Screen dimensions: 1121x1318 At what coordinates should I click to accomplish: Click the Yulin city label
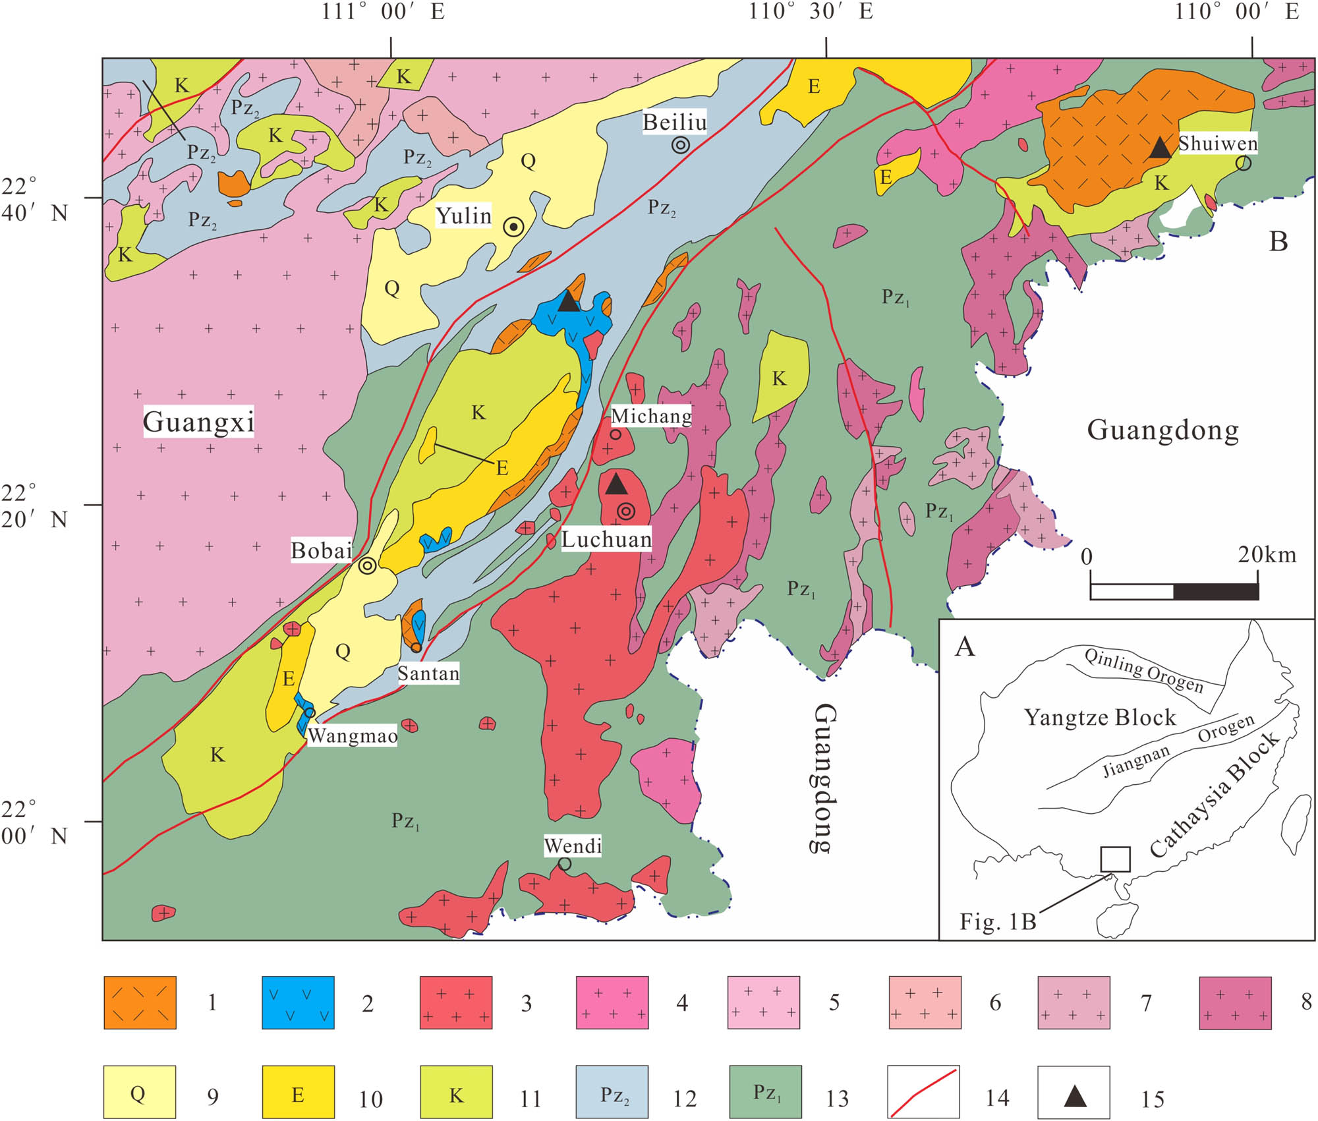(464, 216)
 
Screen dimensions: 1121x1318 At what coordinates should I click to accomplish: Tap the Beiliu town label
(674, 123)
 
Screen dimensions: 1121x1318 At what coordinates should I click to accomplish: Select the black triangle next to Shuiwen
(1160, 148)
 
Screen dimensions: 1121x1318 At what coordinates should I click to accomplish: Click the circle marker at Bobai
(367, 565)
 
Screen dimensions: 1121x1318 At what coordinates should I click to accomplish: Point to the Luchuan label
(606, 540)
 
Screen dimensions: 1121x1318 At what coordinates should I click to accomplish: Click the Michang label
(651, 416)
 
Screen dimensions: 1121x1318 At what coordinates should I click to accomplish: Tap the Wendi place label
(572, 846)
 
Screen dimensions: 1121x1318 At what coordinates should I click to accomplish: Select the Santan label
(428, 674)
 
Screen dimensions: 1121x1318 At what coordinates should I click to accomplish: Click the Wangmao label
(353, 735)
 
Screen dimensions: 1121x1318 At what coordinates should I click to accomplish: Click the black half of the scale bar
(1216, 592)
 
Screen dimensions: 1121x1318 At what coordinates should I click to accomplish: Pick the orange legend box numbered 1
(140, 1002)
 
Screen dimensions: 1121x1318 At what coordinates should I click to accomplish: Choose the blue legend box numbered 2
(298, 1002)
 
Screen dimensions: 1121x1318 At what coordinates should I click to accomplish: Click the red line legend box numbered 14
(923, 1092)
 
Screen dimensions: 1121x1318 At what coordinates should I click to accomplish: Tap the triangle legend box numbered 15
(1074, 1092)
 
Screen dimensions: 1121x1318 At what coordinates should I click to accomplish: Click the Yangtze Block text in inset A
(1099, 717)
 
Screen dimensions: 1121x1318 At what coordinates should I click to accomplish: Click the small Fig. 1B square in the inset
(1115, 859)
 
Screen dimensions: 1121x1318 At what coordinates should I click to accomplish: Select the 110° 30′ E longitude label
(810, 12)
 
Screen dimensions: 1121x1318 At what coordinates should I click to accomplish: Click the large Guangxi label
(198, 422)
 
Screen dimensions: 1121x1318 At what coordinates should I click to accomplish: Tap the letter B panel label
(1278, 242)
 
